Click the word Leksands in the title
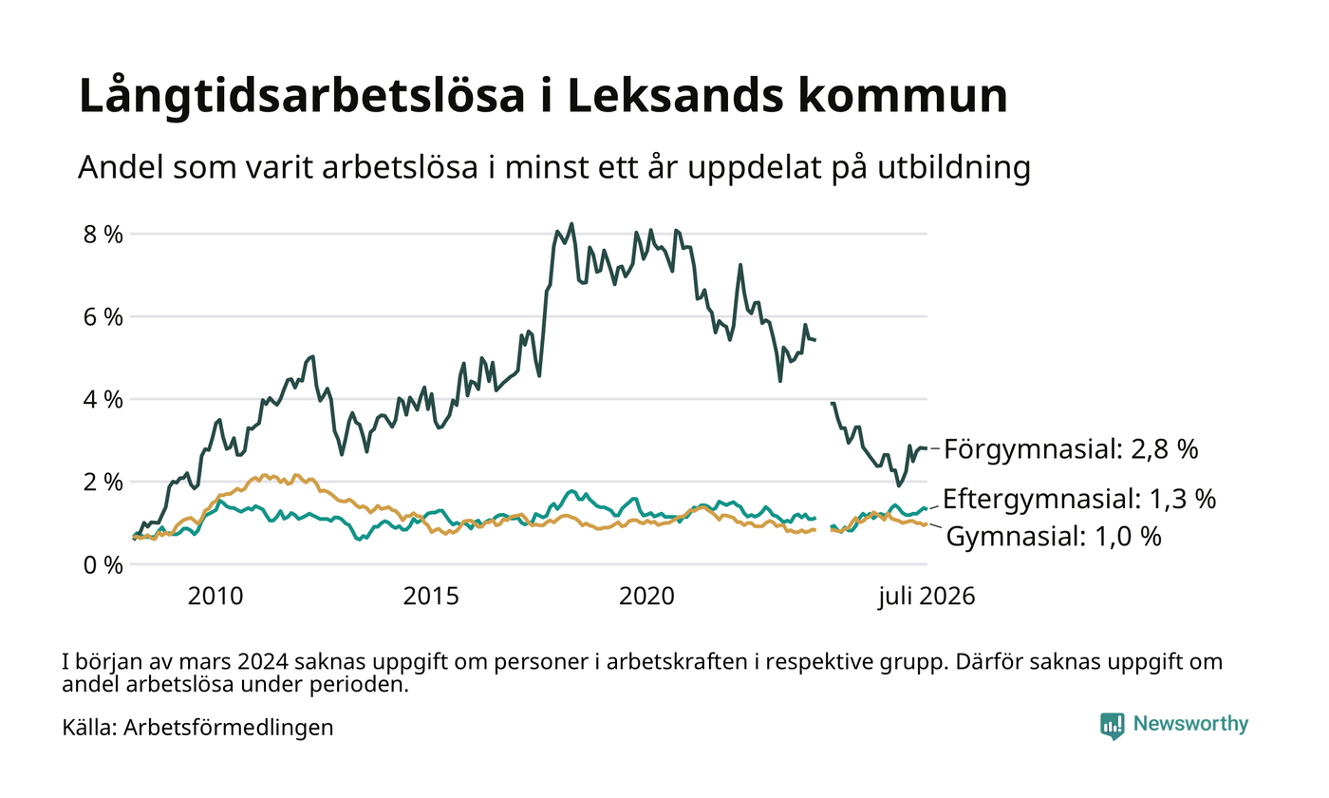pos(676,95)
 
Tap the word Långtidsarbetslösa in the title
pos(302,97)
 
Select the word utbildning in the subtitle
pos(954,168)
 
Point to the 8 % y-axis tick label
pos(103,235)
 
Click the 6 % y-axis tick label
pos(103,317)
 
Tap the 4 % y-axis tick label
pos(103,400)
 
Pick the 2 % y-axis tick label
pos(103,483)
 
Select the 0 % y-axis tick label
pos(103,564)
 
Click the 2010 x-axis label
pos(215,597)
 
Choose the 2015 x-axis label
pos(431,597)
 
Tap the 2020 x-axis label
pos(646,597)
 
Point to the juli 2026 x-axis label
pos(927,597)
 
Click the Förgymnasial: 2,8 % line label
pos(1071,449)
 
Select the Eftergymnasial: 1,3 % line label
pos(1079,499)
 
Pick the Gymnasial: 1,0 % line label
pos(1054,536)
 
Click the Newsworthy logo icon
pos(1113,726)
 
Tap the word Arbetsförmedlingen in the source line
pos(229,728)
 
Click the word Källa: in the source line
pos(89,727)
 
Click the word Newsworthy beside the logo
pos(1190,724)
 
